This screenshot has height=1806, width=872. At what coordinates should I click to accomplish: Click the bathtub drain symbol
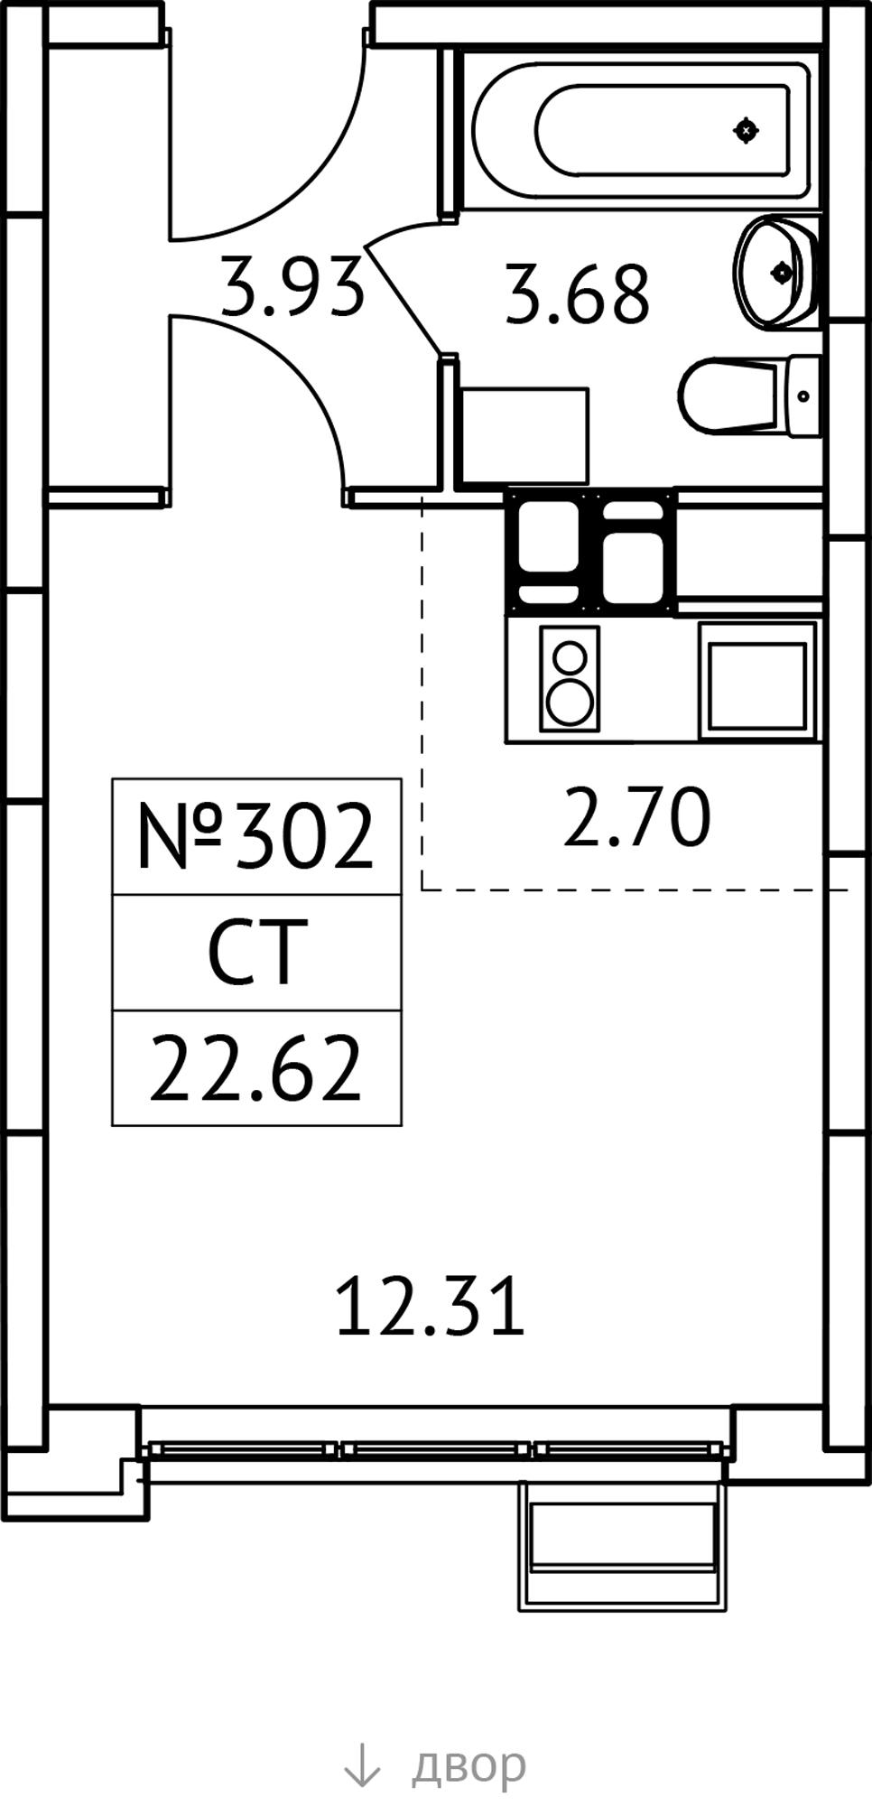click(x=746, y=131)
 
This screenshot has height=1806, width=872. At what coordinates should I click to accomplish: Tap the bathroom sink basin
click(x=777, y=271)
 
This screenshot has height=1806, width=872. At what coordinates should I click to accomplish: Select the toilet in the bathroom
click(x=750, y=396)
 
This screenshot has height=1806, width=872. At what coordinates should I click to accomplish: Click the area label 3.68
click(x=577, y=293)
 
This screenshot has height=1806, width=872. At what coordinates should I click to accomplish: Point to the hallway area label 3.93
click(x=293, y=287)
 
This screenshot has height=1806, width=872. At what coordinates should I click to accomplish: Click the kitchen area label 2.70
click(x=636, y=818)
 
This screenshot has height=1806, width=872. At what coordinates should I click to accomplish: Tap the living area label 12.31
click(x=430, y=1306)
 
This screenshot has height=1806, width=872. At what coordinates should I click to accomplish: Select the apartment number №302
click(x=255, y=837)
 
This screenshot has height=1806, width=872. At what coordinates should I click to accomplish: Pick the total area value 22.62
click(x=255, y=1069)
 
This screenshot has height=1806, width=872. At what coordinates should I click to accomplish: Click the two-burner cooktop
click(x=570, y=678)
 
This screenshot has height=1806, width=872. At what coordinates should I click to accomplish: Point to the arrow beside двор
click(x=363, y=1764)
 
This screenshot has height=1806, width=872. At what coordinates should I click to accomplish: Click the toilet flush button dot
click(x=804, y=396)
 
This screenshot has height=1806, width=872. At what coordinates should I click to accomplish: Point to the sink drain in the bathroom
click(x=782, y=272)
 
